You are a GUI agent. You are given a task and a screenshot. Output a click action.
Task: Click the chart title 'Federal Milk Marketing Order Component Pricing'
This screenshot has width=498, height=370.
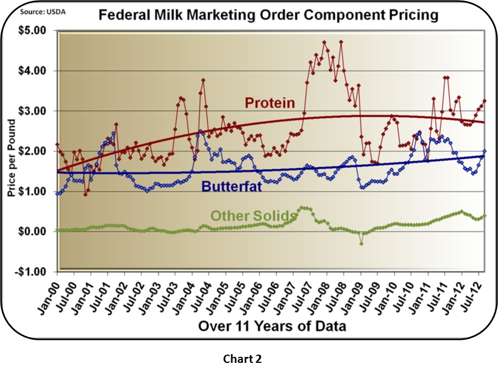tap(268, 15)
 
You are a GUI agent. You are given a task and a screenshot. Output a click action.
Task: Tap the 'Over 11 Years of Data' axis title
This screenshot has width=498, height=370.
tap(272, 327)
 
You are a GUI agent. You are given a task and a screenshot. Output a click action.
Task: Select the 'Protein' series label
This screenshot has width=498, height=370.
tap(270, 103)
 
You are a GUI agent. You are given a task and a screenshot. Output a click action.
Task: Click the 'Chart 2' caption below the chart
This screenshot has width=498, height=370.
tap(242, 359)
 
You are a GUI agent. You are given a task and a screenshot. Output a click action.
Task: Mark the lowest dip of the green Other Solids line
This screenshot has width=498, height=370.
tap(362, 243)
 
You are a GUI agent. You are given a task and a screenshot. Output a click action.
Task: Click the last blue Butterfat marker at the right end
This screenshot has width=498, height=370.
tap(484, 151)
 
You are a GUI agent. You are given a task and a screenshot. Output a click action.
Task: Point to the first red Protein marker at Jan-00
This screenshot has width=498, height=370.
tap(57, 145)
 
